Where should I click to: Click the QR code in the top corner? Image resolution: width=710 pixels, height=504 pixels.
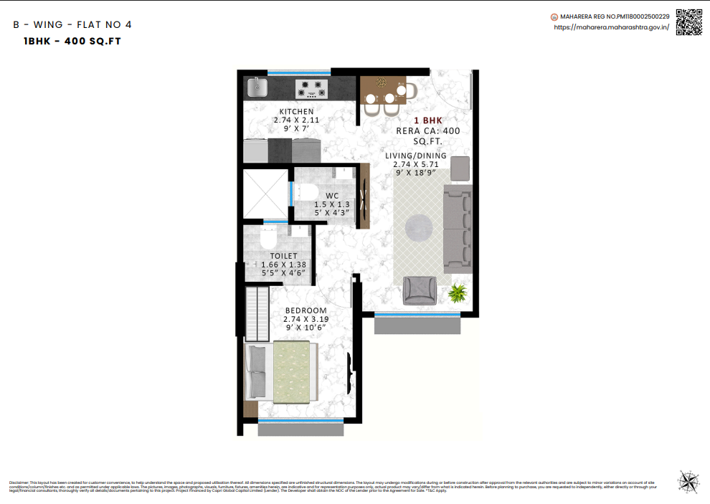[x=689, y=22]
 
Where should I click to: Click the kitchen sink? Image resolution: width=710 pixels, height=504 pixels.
[x=257, y=87]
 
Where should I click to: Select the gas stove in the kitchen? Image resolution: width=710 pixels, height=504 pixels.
[x=312, y=89]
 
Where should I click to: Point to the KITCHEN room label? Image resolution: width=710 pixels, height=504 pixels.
[x=296, y=111]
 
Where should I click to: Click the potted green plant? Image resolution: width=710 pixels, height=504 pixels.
[x=457, y=292]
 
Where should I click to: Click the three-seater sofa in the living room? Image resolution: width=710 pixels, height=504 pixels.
[x=458, y=228]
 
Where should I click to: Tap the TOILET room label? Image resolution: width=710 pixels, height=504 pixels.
[x=283, y=256]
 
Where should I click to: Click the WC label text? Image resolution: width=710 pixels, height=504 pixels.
[x=332, y=195]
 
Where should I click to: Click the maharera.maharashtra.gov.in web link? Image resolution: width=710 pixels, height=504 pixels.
[x=611, y=27]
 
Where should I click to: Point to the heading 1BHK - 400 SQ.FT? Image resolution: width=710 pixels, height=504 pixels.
[x=72, y=41]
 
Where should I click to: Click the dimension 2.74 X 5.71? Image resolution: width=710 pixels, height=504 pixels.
[x=415, y=164]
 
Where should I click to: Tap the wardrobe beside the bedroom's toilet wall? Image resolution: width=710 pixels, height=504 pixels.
[x=256, y=313]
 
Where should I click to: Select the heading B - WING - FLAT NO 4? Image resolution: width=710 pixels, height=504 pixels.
[x=72, y=24]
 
